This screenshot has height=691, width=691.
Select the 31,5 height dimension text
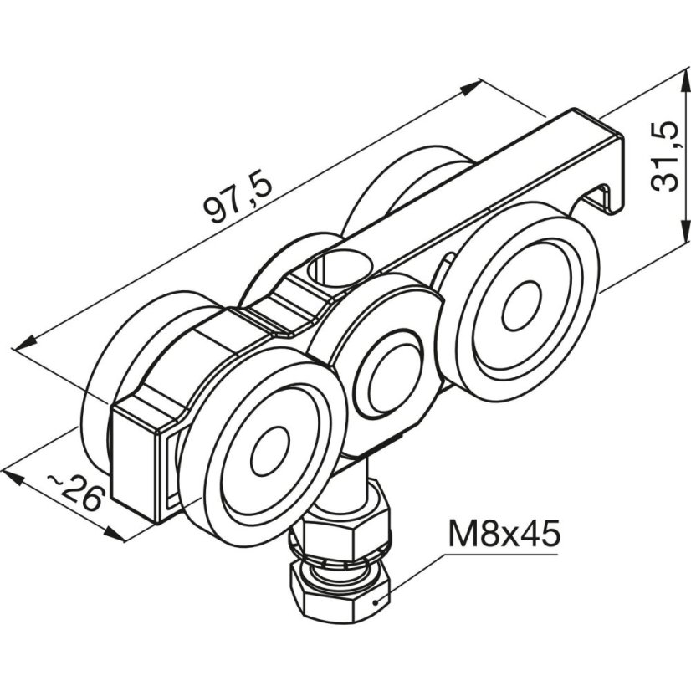664,156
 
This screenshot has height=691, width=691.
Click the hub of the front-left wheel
270,450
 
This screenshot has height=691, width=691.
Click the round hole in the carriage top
340,268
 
